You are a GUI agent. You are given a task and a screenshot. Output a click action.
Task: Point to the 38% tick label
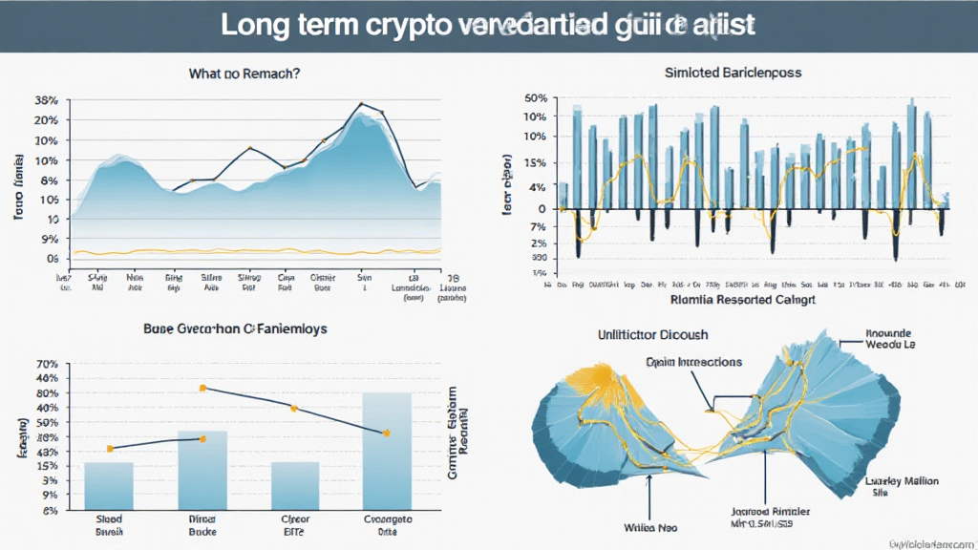coord(46,100)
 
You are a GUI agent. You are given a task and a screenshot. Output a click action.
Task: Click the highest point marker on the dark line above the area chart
coord(361,103)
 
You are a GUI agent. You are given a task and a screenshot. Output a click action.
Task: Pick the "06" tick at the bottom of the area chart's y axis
coord(51,259)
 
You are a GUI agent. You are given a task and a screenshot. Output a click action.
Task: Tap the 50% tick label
coord(535,98)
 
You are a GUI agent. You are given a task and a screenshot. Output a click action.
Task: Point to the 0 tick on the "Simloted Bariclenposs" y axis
coord(542,208)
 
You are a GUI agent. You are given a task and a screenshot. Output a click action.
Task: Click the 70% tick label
coord(46,364)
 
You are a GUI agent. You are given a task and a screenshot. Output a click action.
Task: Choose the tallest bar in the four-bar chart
coord(387,450)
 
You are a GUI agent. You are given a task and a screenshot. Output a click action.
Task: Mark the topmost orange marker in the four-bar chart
coord(202,388)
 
